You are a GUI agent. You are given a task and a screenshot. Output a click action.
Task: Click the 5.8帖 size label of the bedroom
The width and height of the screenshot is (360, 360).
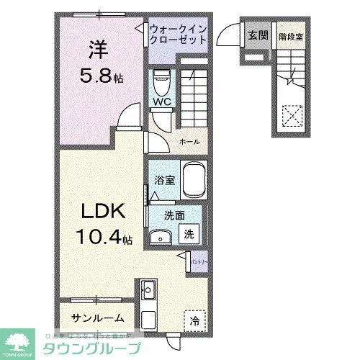click(x=102, y=73)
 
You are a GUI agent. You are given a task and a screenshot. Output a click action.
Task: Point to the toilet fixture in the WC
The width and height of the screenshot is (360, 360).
click(x=161, y=81)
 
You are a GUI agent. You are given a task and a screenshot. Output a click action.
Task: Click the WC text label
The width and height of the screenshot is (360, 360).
click(x=160, y=101)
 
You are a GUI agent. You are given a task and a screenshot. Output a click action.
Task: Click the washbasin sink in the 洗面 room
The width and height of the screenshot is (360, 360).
click(x=160, y=238)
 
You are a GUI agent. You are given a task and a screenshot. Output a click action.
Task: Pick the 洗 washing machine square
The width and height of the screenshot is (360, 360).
click(x=188, y=234)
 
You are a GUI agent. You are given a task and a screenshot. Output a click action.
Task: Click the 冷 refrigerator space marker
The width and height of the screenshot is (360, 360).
click(x=195, y=319)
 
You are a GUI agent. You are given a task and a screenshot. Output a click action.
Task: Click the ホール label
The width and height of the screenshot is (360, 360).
click(x=189, y=142)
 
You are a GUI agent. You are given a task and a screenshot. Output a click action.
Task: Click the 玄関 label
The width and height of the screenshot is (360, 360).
click(x=258, y=35)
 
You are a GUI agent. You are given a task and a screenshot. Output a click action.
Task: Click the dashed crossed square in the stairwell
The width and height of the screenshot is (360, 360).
click(x=291, y=115)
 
